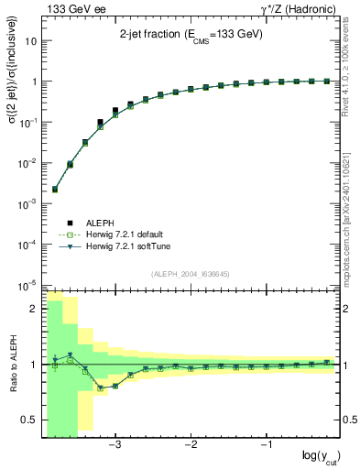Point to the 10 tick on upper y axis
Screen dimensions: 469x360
(x=31, y=41)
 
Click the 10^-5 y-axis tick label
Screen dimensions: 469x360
(x=27, y=284)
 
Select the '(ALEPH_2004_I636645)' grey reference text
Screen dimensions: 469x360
(x=191, y=274)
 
